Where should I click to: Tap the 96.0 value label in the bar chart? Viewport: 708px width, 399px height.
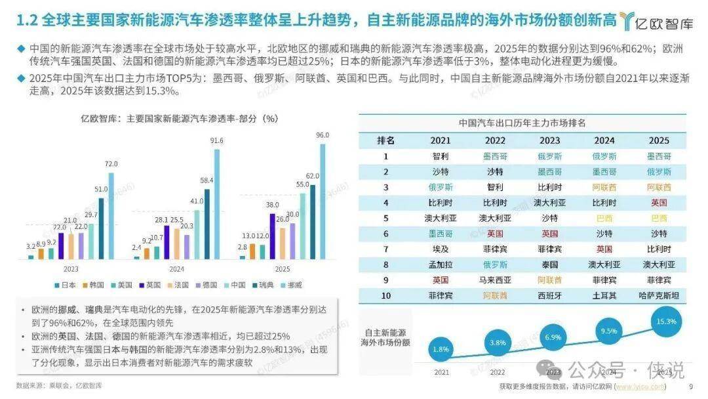322,135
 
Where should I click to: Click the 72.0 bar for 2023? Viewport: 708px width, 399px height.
111,216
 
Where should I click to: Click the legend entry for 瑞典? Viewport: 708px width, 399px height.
264,285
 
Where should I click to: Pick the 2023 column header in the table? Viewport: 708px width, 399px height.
549,140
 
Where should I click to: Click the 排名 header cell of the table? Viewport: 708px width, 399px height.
386,140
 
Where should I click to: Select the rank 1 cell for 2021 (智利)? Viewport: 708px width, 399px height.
441,156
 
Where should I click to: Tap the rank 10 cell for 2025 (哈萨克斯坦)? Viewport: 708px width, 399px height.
659,296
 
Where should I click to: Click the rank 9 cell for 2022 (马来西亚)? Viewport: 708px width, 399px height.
495,280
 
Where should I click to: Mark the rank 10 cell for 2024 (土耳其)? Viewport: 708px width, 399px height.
604,296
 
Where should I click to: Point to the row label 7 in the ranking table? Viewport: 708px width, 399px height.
386,249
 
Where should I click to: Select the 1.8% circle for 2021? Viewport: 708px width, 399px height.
441,350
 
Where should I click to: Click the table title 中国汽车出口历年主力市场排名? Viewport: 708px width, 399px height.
522,123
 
